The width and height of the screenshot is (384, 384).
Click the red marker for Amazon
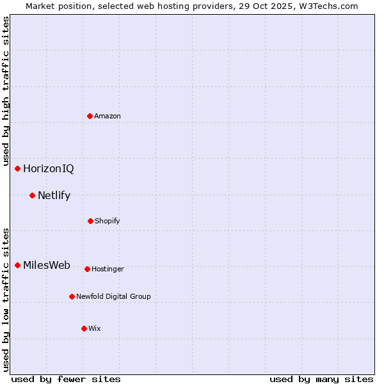pos(90,116)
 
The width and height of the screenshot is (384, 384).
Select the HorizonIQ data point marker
pos(17,168)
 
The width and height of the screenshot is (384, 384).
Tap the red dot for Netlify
pos(32,195)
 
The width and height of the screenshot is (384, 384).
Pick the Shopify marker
pos(90,221)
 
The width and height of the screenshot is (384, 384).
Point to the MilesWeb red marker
pos(17,265)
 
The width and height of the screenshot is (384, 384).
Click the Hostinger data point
pos(87,269)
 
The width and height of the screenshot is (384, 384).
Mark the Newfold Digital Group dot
pos(72,296)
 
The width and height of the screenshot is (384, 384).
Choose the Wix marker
pos(84,328)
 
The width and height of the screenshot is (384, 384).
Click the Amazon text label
pos(108,116)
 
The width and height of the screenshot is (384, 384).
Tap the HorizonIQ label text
pos(48,169)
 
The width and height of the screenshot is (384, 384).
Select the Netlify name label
pos(54,196)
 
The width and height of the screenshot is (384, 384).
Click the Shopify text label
pos(107,221)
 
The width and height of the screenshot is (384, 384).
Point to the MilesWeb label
pos(47,266)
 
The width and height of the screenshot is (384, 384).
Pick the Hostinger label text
pos(108,269)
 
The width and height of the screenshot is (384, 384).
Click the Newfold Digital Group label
pos(113,296)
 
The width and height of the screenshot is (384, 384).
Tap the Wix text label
pos(95,328)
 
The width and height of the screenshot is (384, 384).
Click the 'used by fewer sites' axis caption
pos(66,379)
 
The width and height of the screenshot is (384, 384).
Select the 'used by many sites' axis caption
pos(321,379)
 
